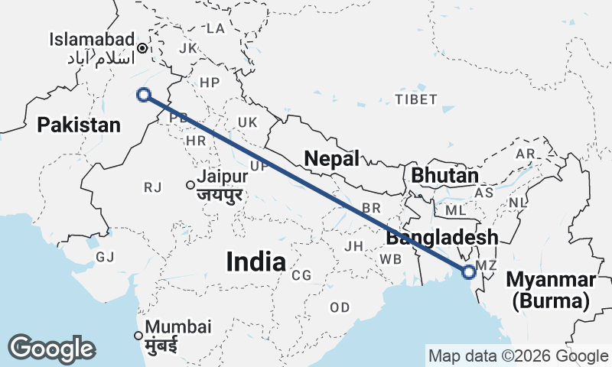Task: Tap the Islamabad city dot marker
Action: tap(142, 48)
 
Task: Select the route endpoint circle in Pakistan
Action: tap(142, 95)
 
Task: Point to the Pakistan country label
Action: tap(80, 125)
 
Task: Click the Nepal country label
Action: tap(331, 159)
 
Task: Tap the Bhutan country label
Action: tap(444, 175)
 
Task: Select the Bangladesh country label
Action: tap(441, 238)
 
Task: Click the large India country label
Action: tap(256, 262)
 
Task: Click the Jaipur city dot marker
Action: tap(190, 184)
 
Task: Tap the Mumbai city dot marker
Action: tap(138, 335)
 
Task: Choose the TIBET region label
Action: tap(415, 99)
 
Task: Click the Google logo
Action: tap(51, 349)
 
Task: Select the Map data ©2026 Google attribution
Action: tap(518, 356)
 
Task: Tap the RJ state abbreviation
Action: tap(152, 186)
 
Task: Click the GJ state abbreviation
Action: tap(105, 257)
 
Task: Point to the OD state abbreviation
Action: tap(340, 307)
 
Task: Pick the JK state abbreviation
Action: tap(187, 48)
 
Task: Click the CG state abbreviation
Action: tap(301, 275)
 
